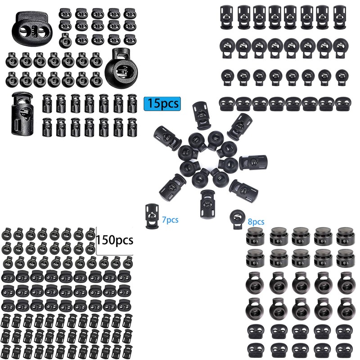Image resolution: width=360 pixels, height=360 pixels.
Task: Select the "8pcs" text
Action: tap(256, 221)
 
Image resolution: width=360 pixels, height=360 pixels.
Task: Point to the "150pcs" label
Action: tap(114, 239)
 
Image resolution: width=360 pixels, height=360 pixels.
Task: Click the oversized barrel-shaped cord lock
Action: tap(23, 112)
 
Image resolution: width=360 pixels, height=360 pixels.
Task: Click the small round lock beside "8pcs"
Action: tap(235, 218)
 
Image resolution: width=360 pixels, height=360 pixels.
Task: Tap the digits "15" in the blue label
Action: tap(153, 103)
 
